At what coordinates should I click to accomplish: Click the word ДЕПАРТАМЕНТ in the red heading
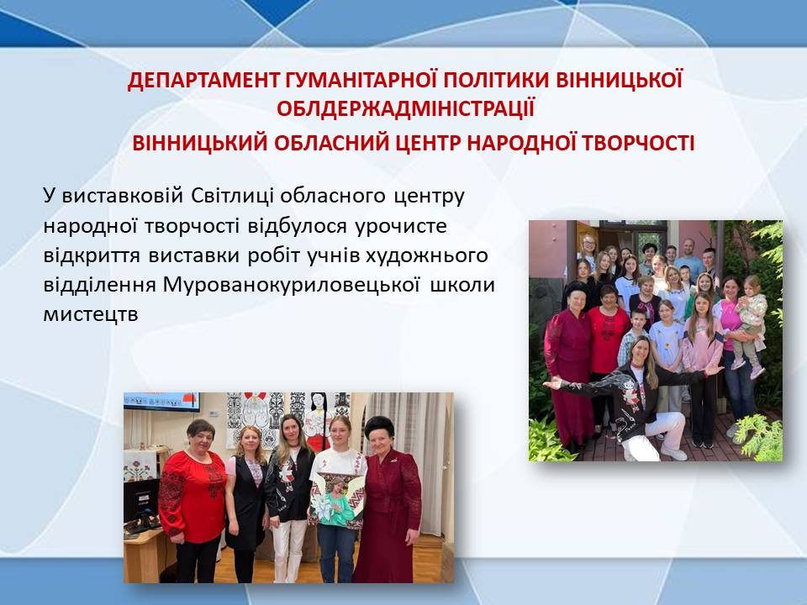(203, 81)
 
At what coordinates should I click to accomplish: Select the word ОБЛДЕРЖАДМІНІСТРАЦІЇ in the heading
(405, 109)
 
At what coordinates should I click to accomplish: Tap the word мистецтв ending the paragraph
(91, 314)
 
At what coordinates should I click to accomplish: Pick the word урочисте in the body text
(401, 227)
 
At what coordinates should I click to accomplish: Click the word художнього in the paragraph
(427, 255)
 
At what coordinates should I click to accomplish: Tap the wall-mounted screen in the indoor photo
(162, 402)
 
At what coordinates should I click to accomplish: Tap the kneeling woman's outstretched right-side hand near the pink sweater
(714, 370)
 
